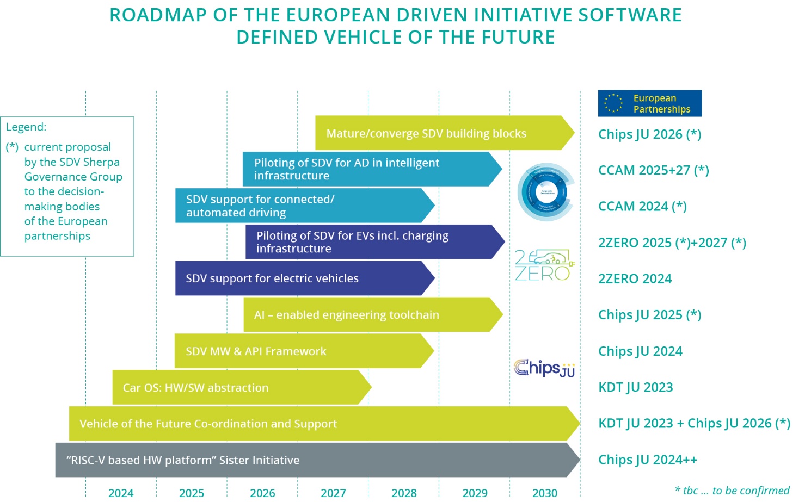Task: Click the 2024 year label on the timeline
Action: coord(121,493)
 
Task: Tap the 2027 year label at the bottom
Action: coord(333,493)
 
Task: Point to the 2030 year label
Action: coord(545,493)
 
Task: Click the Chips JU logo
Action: coord(544,368)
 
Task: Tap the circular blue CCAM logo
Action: coord(545,192)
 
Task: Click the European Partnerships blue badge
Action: coord(649,103)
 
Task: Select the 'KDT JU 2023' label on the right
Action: coord(635,387)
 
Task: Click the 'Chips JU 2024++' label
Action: coord(647,460)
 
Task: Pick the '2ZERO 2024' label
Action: coord(635,278)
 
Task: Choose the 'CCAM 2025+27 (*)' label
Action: coord(653,170)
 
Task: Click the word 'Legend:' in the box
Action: coord(26,127)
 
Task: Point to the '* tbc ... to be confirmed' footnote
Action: coord(732,491)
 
